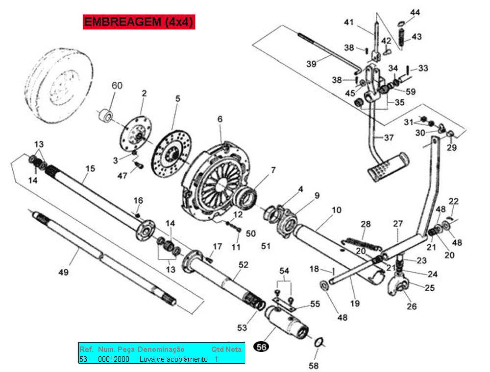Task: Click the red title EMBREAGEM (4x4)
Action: (x=139, y=22)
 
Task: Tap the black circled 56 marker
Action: (x=262, y=347)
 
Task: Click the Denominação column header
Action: (x=161, y=349)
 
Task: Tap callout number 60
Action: (x=117, y=86)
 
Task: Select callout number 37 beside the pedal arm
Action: (x=389, y=138)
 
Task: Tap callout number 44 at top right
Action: (x=415, y=12)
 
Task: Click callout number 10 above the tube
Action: (x=336, y=210)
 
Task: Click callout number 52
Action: (x=244, y=265)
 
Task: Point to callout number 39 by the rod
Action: (x=312, y=64)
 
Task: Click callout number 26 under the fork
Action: (x=412, y=306)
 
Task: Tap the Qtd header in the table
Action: (x=217, y=349)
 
